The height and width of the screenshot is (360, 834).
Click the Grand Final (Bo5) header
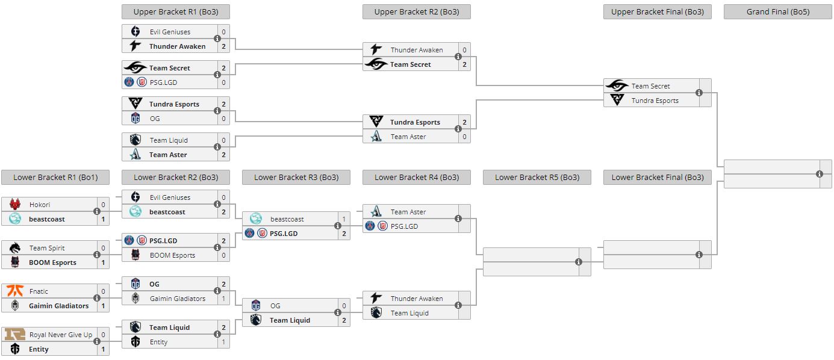click(x=777, y=12)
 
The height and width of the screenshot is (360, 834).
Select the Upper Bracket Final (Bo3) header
click(x=657, y=12)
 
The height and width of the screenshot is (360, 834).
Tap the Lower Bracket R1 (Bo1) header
click(x=55, y=177)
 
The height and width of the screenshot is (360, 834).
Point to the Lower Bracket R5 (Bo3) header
click(x=537, y=177)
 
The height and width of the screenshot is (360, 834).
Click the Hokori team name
click(x=40, y=205)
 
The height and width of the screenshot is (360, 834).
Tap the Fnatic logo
click(x=15, y=291)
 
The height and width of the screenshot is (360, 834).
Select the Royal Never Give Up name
click(x=61, y=335)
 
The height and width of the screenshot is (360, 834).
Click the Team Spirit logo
click(x=15, y=248)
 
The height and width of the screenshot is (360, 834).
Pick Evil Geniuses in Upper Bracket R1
click(x=170, y=32)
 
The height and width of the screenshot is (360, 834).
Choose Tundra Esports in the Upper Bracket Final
click(x=655, y=101)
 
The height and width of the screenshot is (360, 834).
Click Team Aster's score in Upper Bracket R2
click(x=464, y=137)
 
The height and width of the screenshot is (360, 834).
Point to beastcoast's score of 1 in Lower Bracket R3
click(x=344, y=219)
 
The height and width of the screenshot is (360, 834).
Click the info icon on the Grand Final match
click(x=820, y=174)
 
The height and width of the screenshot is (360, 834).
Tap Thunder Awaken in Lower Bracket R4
click(x=416, y=299)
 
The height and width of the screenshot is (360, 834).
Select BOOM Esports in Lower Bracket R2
click(x=172, y=255)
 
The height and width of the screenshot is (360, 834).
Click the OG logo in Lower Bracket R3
click(x=256, y=306)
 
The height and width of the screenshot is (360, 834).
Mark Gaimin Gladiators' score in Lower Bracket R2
click(x=223, y=299)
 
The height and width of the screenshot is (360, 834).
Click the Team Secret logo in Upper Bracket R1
click(x=135, y=68)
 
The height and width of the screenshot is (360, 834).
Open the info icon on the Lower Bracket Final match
click(x=699, y=255)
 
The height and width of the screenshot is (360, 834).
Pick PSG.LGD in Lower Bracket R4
click(x=404, y=226)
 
